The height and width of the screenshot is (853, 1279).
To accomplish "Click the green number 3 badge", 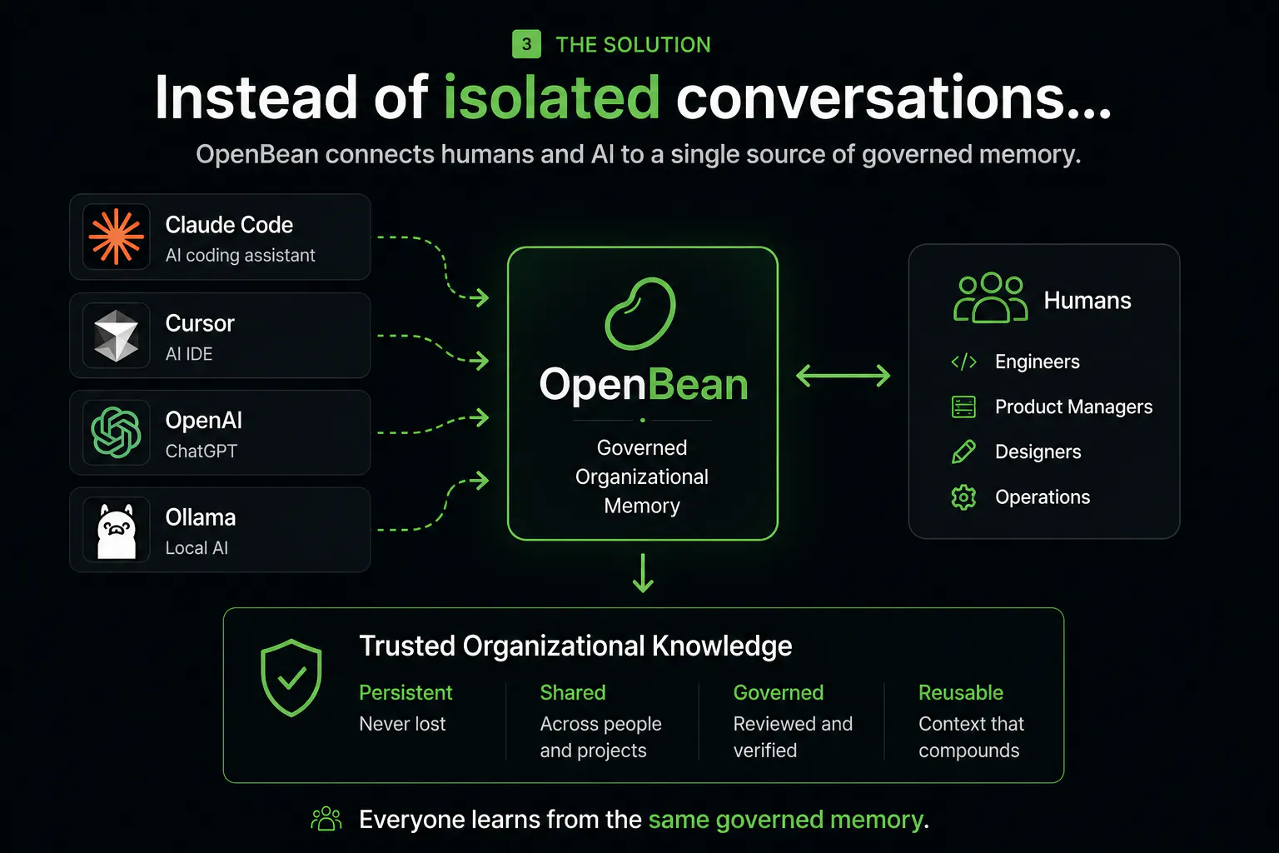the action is click(526, 44).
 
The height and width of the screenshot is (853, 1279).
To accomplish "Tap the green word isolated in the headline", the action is click(551, 97).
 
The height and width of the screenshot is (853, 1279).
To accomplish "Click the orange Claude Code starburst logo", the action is click(116, 237).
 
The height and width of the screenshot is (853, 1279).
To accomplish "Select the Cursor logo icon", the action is click(116, 336).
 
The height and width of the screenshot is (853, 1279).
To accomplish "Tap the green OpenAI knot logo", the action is click(116, 432).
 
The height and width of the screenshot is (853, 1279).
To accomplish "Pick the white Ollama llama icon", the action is click(117, 531).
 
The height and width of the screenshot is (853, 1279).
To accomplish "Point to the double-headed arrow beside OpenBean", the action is click(843, 376).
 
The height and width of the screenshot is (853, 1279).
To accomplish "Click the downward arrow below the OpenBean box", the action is click(643, 573).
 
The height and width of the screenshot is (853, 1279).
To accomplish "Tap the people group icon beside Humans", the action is click(990, 297).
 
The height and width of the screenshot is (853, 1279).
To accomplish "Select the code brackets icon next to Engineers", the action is click(963, 362).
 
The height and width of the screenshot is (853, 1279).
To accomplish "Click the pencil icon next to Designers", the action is click(963, 452).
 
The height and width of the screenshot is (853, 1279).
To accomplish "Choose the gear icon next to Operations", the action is click(963, 497).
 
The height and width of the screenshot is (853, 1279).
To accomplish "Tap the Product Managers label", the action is click(1073, 407).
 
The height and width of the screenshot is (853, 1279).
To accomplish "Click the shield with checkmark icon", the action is click(291, 677).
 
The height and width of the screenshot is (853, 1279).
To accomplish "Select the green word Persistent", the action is click(406, 692).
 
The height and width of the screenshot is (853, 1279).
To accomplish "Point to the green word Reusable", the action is click(960, 692).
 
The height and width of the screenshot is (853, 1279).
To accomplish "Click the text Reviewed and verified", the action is click(793, 737).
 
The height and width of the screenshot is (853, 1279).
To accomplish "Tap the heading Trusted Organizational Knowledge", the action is click(575, 646).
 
